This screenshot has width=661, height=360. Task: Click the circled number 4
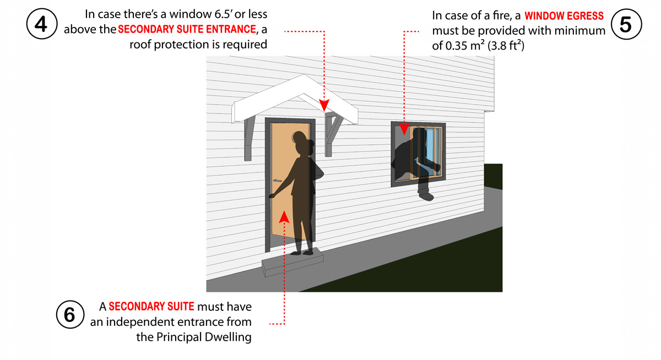[42, 24]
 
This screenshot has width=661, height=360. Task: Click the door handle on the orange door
[277, 180]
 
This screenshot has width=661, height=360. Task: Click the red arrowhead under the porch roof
[325, 104]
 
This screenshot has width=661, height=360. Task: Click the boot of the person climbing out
[425, 193]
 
